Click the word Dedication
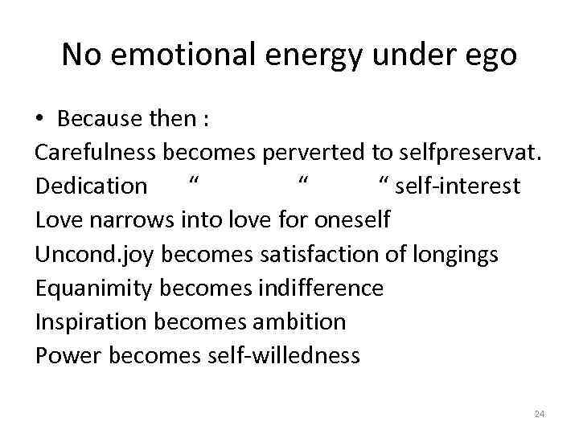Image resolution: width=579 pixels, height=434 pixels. click(91, 186)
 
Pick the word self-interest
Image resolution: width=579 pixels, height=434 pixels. click(456, 186)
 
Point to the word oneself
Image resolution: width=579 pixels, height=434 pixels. click(353, 220)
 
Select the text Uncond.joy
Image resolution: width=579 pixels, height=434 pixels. click(96, 255)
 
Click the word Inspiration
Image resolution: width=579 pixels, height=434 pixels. click(91, 322)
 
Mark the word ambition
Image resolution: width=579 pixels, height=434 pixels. click(299, 321)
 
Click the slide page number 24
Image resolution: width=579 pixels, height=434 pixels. click(539, 414)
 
